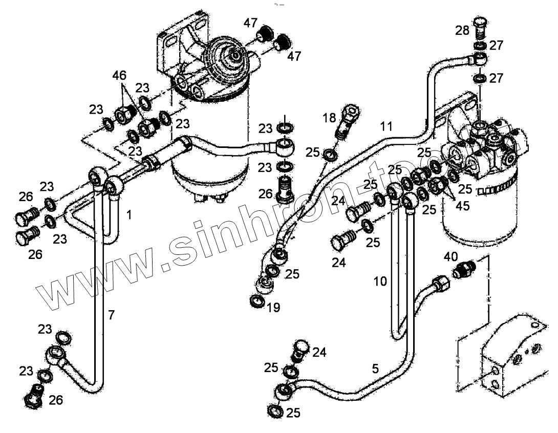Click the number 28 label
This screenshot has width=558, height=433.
click(x=462, y=31)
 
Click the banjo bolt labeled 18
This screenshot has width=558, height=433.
click(x=348, y=120)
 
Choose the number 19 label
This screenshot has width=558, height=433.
click(x=273, y=307)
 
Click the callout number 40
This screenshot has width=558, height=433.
click(x=451, y=256)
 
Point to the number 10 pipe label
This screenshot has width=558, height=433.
click(x=380, y=280)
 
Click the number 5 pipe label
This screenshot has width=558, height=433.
click(x=375, y=367)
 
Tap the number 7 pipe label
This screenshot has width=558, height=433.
click(x=111, y=315)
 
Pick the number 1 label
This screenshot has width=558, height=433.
click(x=129, y=215)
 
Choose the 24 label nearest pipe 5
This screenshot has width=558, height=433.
click(x=319, y=352)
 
